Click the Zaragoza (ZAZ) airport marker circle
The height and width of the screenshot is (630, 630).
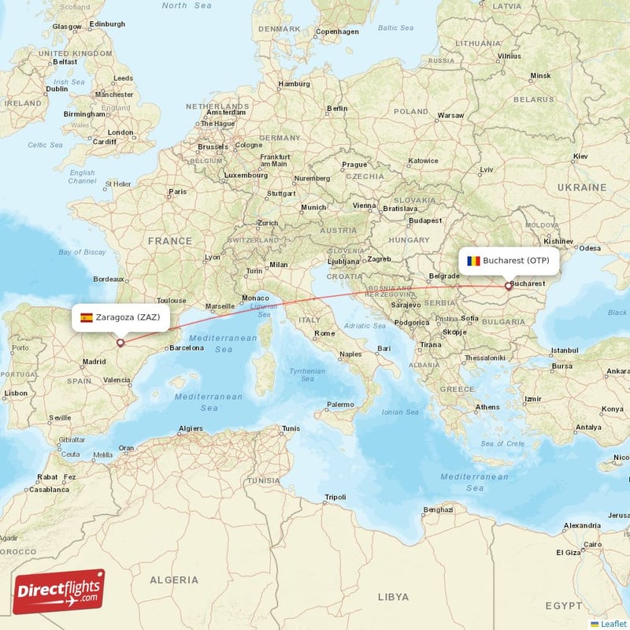[120, 343]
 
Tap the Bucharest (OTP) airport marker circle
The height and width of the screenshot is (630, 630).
[508, 286]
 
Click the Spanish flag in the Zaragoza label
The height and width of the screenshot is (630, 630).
[86, 318]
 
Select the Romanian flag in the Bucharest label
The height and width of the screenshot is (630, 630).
[473, 261]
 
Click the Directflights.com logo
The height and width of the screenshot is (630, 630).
[58, 591]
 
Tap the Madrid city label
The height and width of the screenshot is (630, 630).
[94, 362]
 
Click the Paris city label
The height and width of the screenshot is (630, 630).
[179, 191]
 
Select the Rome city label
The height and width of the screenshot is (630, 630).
[324, 333]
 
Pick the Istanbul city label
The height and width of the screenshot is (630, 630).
[564, 350]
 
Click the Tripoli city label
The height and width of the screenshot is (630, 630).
[335, 497]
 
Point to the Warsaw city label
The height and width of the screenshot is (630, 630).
[450, 115]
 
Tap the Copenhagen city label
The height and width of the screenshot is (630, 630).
[337, 31]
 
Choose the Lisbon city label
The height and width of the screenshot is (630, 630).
[16, 392]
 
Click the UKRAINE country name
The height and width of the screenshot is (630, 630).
[582, 187]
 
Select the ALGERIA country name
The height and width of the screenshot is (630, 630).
[174, 580]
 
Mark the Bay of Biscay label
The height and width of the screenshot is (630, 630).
[82, 252]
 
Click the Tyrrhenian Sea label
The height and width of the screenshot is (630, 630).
[306, 374]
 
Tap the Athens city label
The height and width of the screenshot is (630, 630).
[487, 407]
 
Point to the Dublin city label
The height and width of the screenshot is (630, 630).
[57, 89]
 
